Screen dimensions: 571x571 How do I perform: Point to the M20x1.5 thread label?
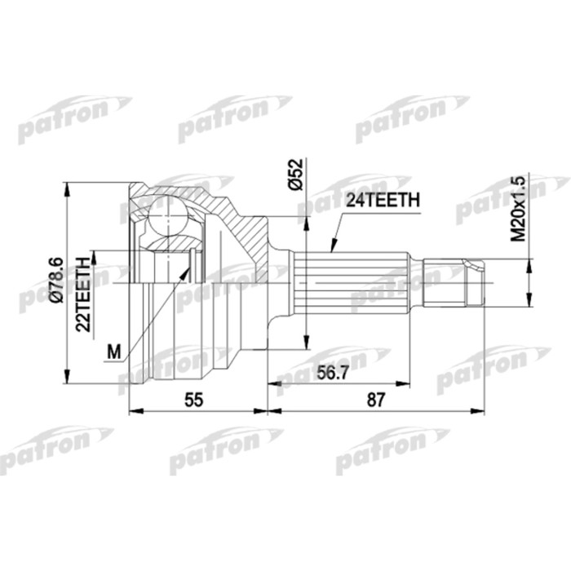517,208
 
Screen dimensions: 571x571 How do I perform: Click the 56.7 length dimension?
330,373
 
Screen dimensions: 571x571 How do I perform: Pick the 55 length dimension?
194,399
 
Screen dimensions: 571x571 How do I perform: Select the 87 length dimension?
377,399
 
